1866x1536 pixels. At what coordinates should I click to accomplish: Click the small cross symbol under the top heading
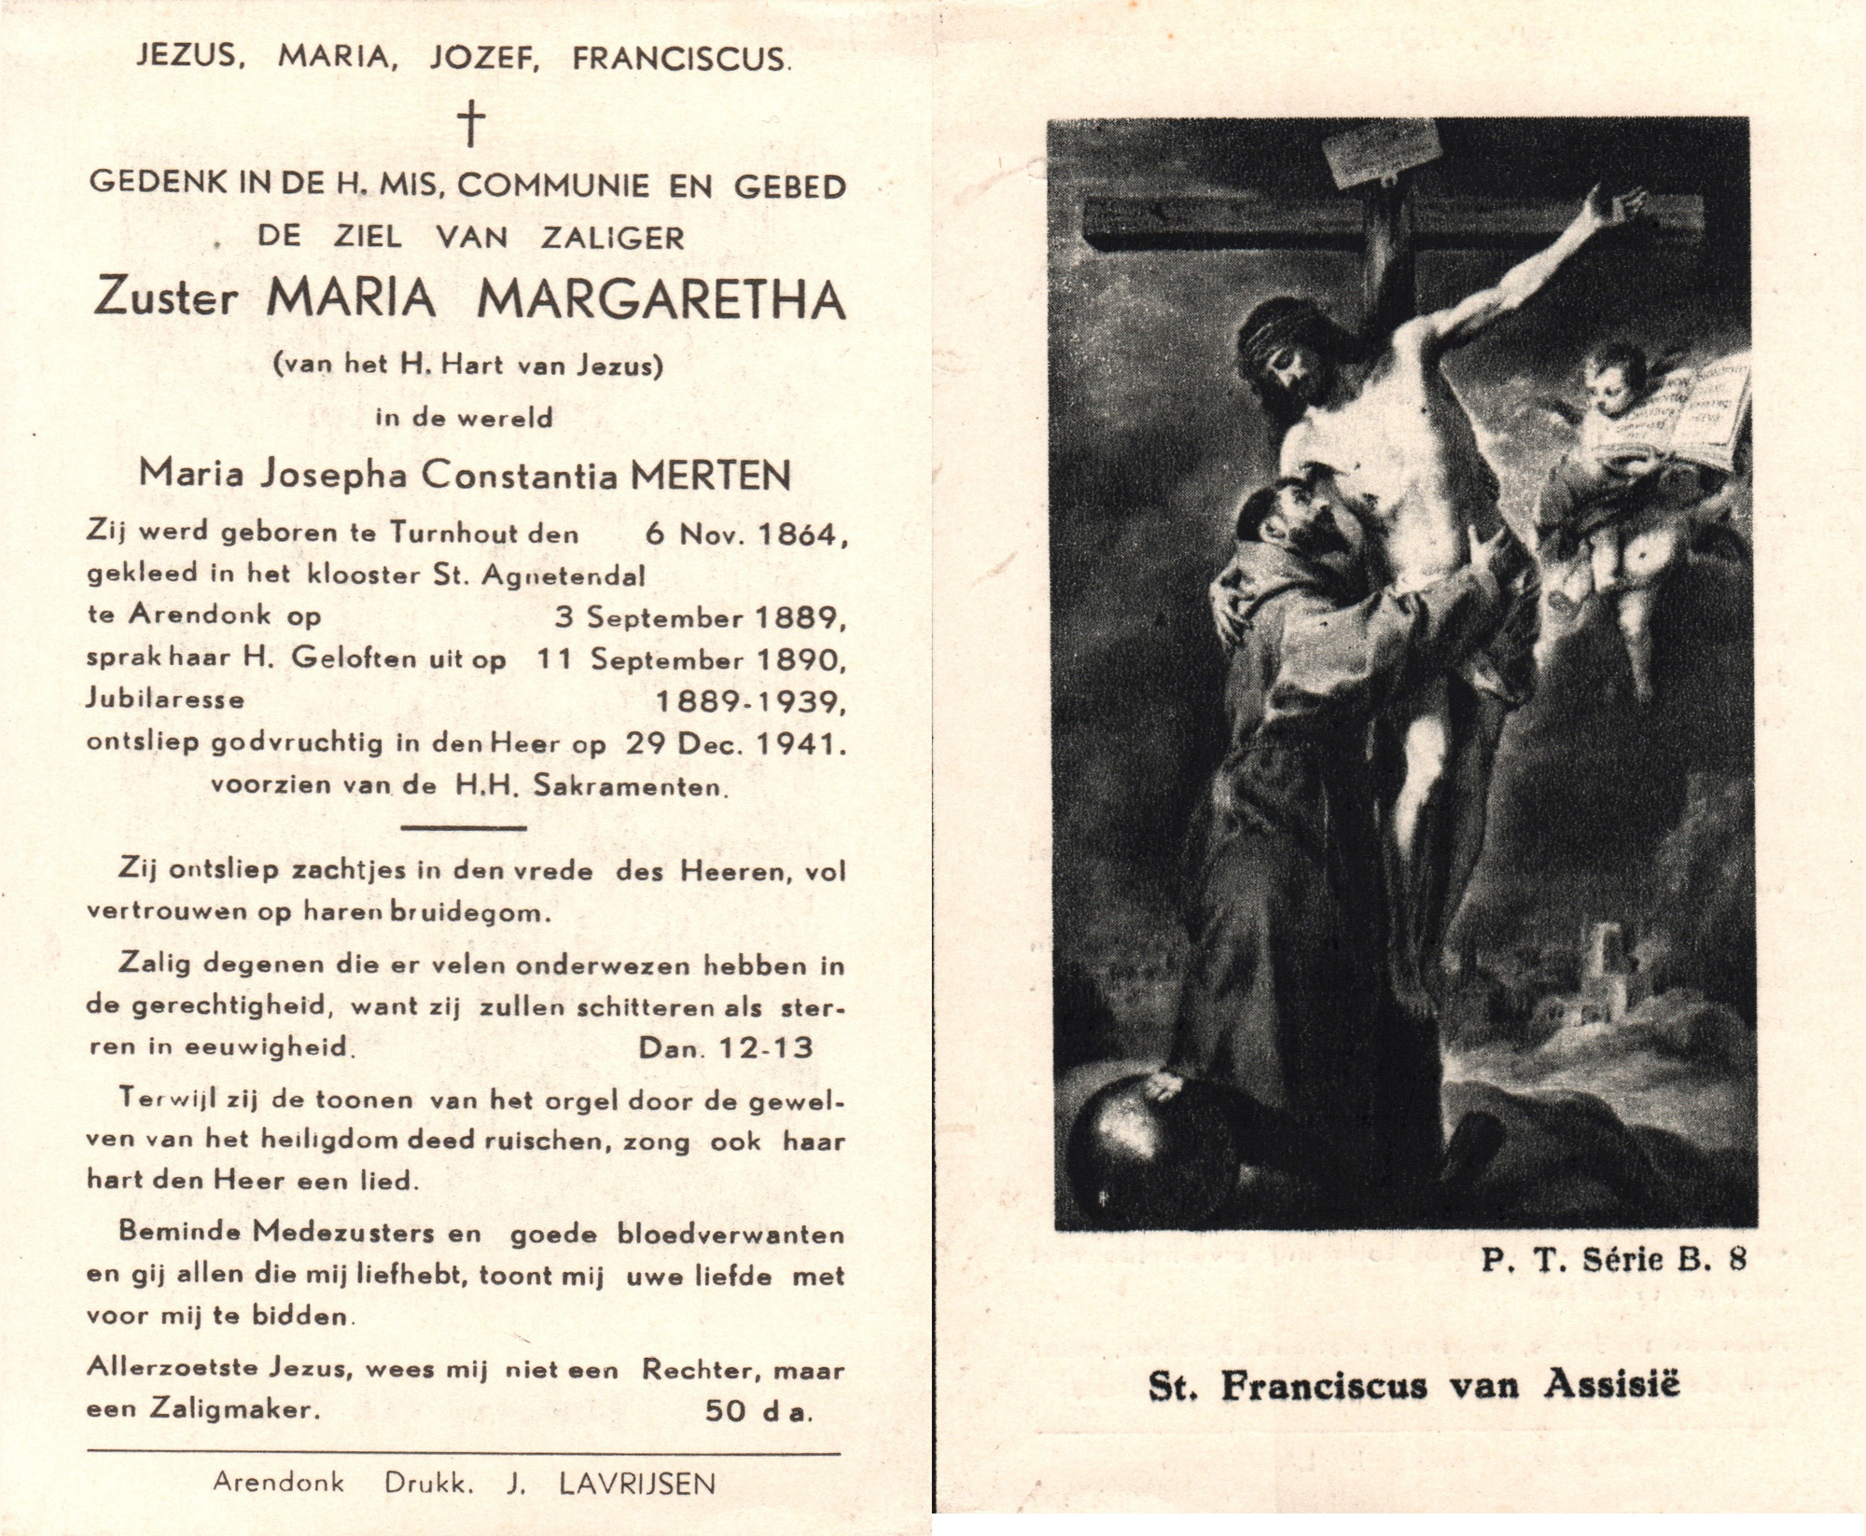472,124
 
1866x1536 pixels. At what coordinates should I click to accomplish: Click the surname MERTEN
711,476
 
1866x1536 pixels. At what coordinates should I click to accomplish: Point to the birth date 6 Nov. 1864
745,534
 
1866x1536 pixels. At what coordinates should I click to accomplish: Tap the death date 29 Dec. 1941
726,743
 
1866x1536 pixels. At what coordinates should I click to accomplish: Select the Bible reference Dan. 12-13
725,1047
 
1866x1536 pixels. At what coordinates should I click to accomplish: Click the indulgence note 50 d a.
758,1411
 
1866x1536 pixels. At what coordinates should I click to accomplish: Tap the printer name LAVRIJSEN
636,1483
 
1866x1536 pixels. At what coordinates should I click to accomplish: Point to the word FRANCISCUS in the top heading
680,59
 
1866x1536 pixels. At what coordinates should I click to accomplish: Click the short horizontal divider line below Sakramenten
463,827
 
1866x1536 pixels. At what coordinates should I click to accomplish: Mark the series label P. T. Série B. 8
1612,1260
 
